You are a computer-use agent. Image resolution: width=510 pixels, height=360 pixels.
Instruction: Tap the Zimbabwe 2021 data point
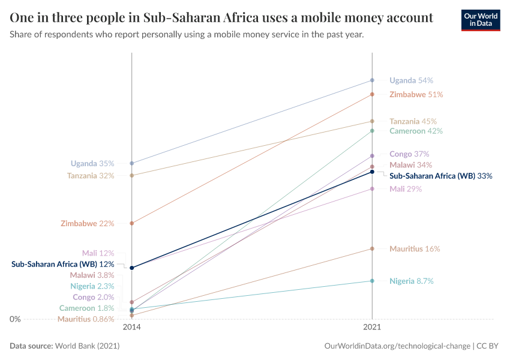pyautogui.click(x=372, y=94)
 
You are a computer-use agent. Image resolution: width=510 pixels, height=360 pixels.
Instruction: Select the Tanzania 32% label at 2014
pyautogui.click(x=91, y=176)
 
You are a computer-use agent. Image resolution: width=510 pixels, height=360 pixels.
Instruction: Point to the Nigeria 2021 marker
pyautogui.click(x=372, y=281)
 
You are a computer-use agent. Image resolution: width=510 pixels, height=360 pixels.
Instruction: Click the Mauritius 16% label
pyautogui.click(x=415, y=248)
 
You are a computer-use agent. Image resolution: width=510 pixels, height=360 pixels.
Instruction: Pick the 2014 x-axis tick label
pyautogui.click(x=131, y=328)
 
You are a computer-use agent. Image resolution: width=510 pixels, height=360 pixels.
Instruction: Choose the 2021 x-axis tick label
pyautogui.click(x=372, y=328)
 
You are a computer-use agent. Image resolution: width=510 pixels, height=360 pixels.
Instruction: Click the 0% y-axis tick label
pyautogui.click(x=15, y=319)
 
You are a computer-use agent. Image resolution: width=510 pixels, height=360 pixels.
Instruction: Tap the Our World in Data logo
pyautogui.click(x=480, y=20)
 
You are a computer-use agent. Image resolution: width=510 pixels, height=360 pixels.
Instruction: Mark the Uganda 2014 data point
pyautogui.click(x=131, y=163)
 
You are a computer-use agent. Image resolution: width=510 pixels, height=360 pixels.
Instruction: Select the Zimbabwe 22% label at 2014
pyautogui.click(x=87, y=223)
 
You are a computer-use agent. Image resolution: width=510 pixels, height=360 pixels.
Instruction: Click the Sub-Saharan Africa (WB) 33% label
pyautogui.click(x=441, y=176)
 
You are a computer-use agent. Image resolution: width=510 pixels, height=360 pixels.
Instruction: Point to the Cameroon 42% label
pyautogui.click(x=416, y=131)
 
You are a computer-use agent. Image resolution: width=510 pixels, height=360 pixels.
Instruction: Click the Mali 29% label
pyautogui.click(x=406, y=189)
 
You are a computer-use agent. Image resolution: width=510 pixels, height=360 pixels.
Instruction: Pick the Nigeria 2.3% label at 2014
pyautogui.click(x=92, y=286)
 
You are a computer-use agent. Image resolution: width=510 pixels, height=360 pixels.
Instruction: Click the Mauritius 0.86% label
pyautogui.click(x=86, y=319)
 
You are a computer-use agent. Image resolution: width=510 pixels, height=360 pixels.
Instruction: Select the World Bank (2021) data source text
pyautogui.click(x=86, y=346)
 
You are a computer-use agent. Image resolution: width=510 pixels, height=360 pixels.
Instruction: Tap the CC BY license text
pyautogui.click(x=488, y=346)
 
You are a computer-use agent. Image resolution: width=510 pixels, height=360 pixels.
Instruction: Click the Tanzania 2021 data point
pyautogui.click(x=372, y=121)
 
